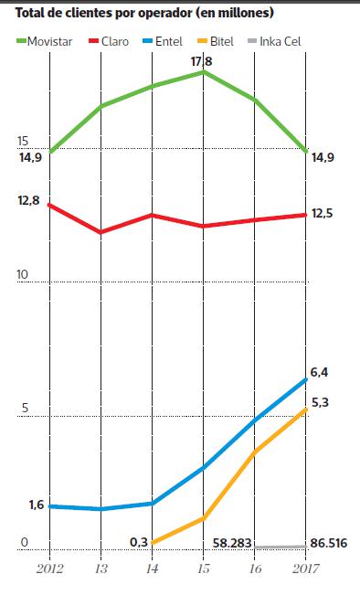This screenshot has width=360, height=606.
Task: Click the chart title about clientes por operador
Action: (144, 14)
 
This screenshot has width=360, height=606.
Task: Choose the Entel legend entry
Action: (167, 41)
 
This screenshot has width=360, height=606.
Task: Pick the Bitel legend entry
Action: (221, 41)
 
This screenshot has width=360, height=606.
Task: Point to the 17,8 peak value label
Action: (202, 62)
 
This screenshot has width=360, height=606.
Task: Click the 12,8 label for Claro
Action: (28, 199)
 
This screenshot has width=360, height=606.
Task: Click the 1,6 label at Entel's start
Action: (37, 504)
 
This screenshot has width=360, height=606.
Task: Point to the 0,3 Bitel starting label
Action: (139, 541)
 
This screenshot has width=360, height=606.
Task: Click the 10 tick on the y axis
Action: (23, 275)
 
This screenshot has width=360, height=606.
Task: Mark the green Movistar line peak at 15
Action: (204, 71)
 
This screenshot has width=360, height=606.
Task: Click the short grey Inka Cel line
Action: (281, 547)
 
